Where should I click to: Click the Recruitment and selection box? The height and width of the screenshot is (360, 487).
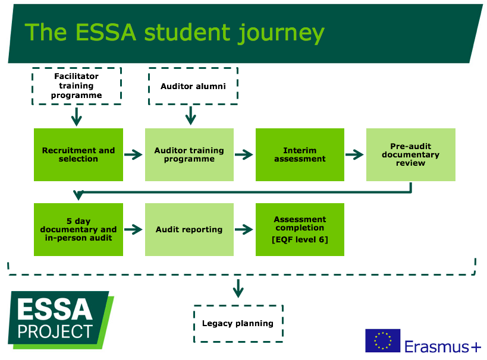pyautogui.click(x=78, y=154)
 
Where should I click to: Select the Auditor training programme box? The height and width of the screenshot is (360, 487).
pyautogui.click(x=189, y=154)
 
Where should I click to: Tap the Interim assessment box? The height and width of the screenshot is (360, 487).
pyautogui.click(x=300, y=154)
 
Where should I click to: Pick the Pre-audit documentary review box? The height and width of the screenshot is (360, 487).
pyautogui.click(x=410, y=154)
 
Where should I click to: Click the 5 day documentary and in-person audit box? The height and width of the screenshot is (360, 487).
pyautogui.click(x=78, y=229)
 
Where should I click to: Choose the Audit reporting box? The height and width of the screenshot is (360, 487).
pyautogui.click(x=189, y=229)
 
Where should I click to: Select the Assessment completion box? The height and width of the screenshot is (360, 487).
pyautogui.click(x=300, y=229)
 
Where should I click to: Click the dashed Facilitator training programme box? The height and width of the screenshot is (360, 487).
pyautogui.click(x=76, y=86)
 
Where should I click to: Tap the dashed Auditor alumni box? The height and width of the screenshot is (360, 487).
pyautogui.click(x=193, y=86)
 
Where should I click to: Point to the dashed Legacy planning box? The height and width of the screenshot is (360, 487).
pyautogui.click(x=238, y=323)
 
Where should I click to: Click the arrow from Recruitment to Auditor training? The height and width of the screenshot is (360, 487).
pyautogui.click(x=134, y=154)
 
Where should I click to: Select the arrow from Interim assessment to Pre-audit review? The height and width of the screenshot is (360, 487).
pyautogui.click(x=355, y=154)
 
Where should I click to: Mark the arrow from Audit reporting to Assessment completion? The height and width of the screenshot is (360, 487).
pyautogui.click(x=244, y=229)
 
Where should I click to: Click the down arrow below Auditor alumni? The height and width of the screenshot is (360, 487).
pyautogui.click(x=190, y=115)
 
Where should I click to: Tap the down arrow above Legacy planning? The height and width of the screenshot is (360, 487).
pyautogui.click(x=238, y=288)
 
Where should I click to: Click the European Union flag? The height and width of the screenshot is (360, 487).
pyautogui.click(x=382, y=340)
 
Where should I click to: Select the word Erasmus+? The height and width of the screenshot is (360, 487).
pyautogui.click(x=442, y=346)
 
